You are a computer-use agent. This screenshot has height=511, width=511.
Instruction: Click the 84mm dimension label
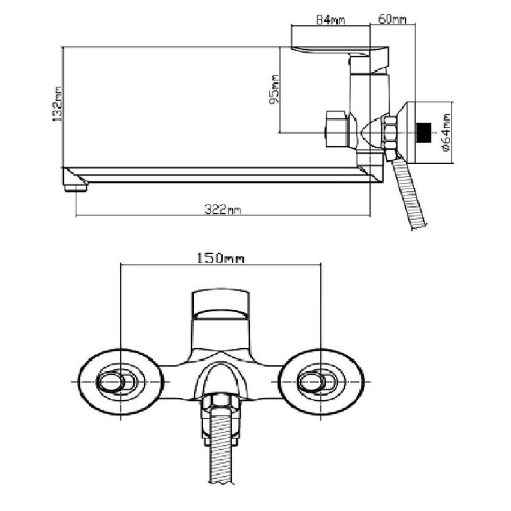[330, 20]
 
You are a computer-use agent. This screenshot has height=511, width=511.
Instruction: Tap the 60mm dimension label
[392, 20]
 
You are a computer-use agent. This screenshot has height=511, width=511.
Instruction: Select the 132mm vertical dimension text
[57, 105]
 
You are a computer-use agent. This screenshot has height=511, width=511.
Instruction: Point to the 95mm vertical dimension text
[275, 89]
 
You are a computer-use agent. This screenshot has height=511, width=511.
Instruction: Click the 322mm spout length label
[223, 210]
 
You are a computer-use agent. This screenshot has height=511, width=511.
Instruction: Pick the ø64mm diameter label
[446, 132]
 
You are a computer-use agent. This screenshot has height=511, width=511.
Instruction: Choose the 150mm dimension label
[220, 258]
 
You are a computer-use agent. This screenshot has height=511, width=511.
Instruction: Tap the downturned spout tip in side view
[75, 186]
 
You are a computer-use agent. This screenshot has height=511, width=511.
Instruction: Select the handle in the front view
[220, 303]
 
